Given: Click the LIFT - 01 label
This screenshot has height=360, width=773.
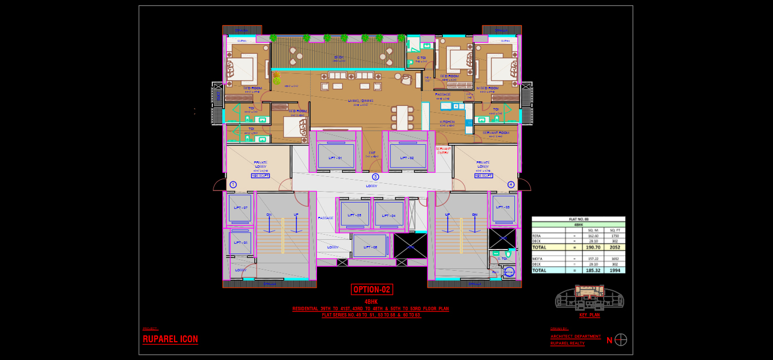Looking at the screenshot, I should point(335,157).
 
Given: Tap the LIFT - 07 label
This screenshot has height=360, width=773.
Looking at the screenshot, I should point(240,207).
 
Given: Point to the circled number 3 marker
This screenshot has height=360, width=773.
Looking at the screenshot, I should point(375,177).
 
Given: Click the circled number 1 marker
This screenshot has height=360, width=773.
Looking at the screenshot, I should point(233,185).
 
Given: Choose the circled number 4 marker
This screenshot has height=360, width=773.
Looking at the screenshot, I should point(511,185).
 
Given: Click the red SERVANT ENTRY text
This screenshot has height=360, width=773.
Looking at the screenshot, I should point(443,151).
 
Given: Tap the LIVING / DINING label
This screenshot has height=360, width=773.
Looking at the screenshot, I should point(360,101).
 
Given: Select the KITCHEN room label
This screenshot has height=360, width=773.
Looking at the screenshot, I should point(447,122).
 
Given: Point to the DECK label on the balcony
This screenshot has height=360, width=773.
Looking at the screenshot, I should point(339,57).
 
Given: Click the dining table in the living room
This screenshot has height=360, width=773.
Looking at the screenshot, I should point(402,117).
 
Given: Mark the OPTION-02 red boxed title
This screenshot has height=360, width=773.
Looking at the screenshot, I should point(372,290).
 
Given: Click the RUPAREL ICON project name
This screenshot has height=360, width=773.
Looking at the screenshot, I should point(170,339).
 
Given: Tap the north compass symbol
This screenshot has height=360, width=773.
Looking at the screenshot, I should point(621,340).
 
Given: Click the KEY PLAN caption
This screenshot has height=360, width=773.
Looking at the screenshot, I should point(590,315).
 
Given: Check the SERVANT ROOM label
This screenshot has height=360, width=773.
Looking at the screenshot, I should point(495,133).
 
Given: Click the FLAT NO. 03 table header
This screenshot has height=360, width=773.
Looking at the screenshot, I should point(578,219).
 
